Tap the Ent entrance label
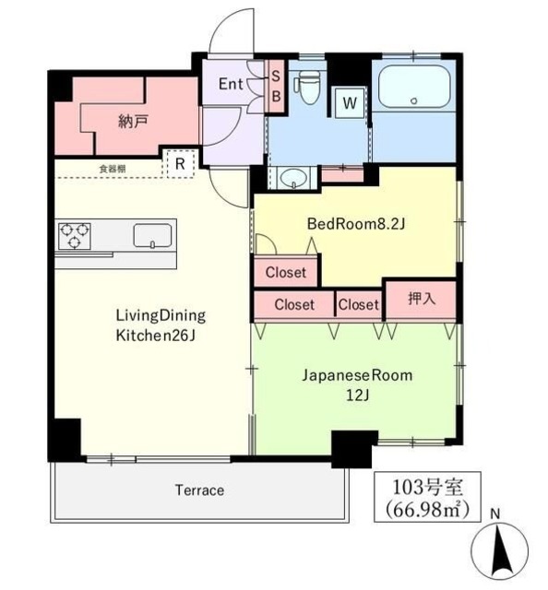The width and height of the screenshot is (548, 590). click(231, 85)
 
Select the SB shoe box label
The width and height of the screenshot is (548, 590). click(276, 85)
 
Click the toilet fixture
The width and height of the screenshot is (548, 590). click(307, 89)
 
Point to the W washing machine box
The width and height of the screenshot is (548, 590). click(350, 103)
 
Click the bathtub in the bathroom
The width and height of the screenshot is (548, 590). click(413, 87)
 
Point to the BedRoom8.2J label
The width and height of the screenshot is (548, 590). click(355, 222)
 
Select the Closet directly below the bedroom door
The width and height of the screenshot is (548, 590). click(286, 272)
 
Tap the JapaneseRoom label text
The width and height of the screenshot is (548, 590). click(355, 375)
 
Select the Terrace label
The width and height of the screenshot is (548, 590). click(198, 490)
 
